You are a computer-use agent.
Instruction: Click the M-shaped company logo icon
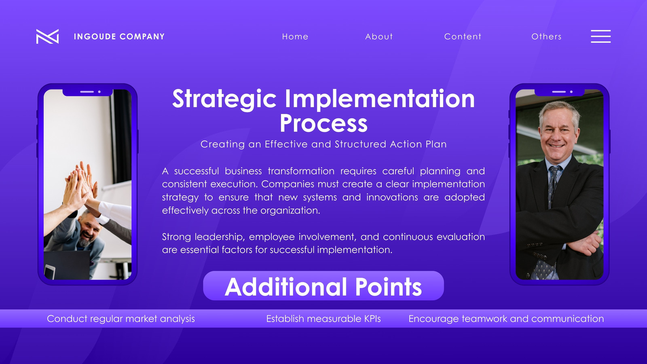pyautogui.click(x=47, y=36)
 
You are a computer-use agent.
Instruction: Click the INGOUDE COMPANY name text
pyautogui.click(x=119, y=37)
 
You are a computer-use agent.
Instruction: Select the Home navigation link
pyautogui.click(x=295, y=37)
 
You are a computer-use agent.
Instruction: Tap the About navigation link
pyautogui.click(x=379, y=37)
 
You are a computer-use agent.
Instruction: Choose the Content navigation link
pyautogui.click(x=463, y=37)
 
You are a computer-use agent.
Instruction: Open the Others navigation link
pyautogui.click(x=546, y=37)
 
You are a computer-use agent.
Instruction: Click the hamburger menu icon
pyautogui.click(x=601, y=36)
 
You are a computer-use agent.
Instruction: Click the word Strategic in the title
pyautogui.click(x=224, y=99)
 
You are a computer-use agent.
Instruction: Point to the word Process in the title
pyautogui.click(x=323, y=123)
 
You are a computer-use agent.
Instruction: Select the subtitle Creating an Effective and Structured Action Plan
pyautogui.click(x=323, y=144)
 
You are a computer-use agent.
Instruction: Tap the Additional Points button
pyautogui.click(x=323, y=286)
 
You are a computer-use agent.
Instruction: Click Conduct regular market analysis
pyautogui.click(x=121, y=319)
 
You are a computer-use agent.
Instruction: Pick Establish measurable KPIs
pyautogui.click(x=323, y=319)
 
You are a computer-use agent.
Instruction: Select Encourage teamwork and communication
pyautogui.click(x=506, y=319)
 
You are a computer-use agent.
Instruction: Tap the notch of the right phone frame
pyautogui.click(x=560, y=92)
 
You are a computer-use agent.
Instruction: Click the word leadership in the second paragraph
pyautogui.click(x=220, y=237)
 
